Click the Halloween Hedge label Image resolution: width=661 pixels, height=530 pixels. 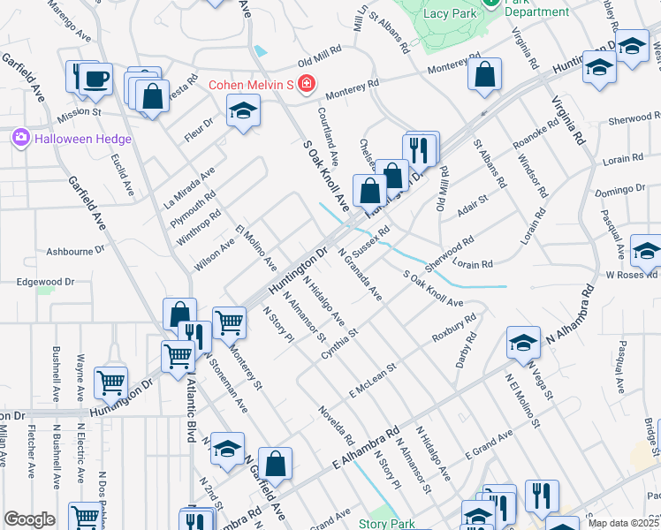[x=83, y=139]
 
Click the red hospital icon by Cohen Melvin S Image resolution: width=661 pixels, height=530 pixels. [x=306, y=85]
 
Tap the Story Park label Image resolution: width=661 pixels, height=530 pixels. [x=386, y=523]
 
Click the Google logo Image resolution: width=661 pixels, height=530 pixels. [x=29, y=519]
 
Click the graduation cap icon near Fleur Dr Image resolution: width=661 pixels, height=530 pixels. [x=243, y=112]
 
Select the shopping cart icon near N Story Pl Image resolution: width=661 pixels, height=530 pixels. [x=230, y=322]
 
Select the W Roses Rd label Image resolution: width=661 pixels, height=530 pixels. [x=629, y=276]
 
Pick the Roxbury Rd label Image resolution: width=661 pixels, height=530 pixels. [x=454, y=328]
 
